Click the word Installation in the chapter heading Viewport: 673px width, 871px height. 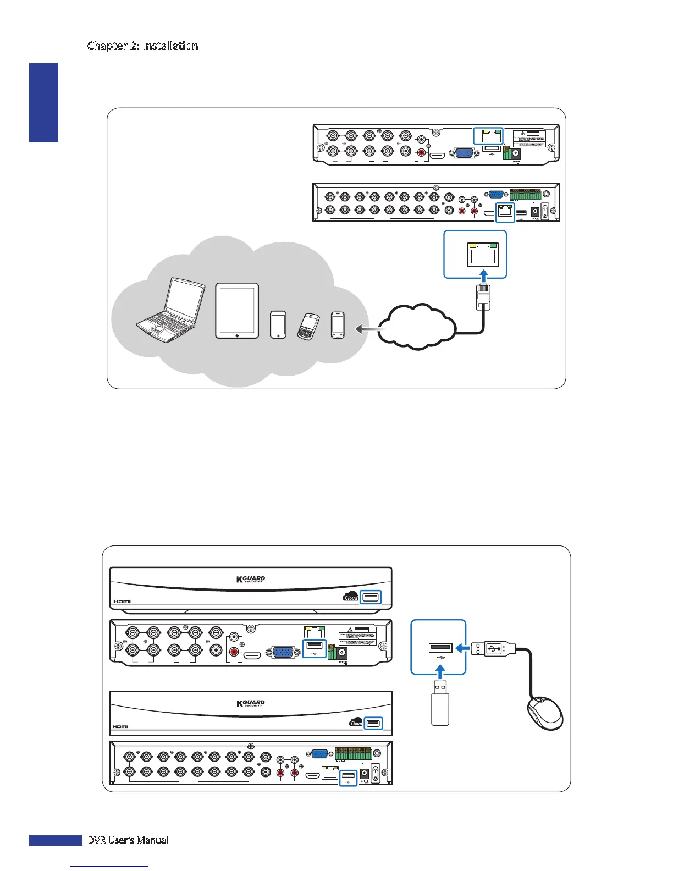pyautogui.click(x=170, y=46)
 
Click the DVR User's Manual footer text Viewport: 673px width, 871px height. pyautogui.click(x=128, y=840)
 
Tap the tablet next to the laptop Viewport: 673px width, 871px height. pyautogui.click(x=237, y=311)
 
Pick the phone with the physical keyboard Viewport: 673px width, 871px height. pyautogui.click(x=308, y=326)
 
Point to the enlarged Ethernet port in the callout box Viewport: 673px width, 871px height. pyautogui.click(x=483, y=254)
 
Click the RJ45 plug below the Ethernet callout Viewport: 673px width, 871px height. pyautogui.click(x=483, y=297)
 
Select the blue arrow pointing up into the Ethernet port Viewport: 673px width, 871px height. pyautogui.click(x=483, y=275)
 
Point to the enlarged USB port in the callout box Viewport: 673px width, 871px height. pyautogui.click(x=440, y=648)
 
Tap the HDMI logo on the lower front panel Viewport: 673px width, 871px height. pyautogui.click(x=120, y=726)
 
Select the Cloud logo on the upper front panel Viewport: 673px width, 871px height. pyautogui.click(x=351, y=597)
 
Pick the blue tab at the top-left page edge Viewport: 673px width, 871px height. pyautogui.click(x=43, y=102)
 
